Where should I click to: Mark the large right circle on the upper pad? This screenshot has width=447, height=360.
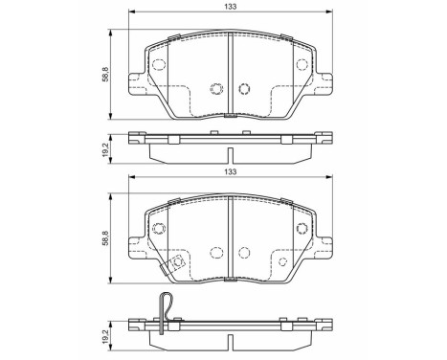point(302,66)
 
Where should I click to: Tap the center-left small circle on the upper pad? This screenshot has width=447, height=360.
point(216,90)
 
